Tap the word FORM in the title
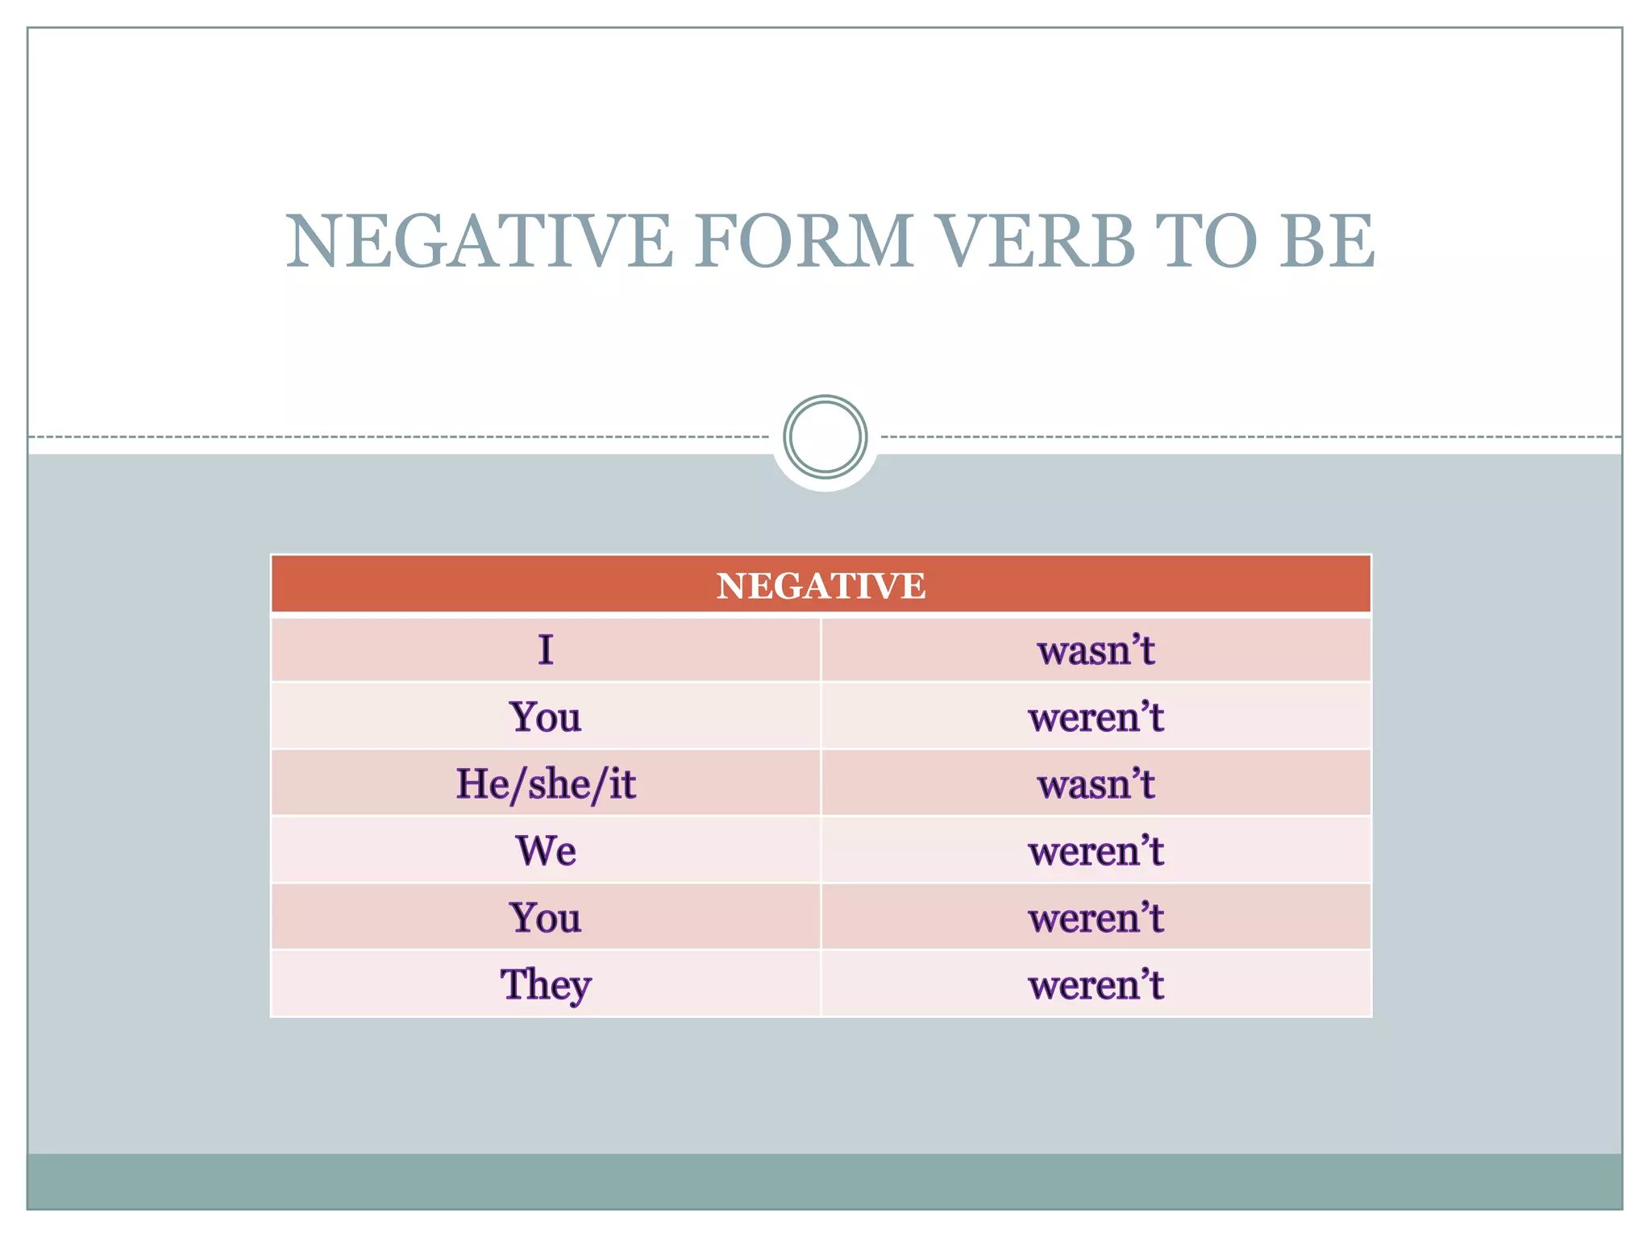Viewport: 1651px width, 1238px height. click(x=804, y=241)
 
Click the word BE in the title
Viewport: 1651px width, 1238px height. click(x=1328, y=241)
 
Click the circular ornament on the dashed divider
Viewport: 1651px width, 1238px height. click(x=825, y=437)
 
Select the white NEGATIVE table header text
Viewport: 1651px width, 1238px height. click(x=821, y=586)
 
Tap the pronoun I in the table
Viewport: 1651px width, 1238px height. click(x=546, y=650)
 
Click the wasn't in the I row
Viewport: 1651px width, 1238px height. click(x=1096, y=650)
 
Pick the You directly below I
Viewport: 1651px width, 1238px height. click(x=546, y=717)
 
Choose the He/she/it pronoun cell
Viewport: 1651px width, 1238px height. click(x=546, y=784)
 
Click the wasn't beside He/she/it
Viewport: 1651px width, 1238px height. click(x=1096, y=784)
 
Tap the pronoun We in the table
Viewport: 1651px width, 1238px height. click(x=546, y=851)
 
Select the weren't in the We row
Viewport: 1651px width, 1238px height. click(x=1096, y=851)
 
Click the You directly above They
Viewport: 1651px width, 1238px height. click(x=546, y=918)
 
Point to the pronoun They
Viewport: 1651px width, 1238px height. click(x=546, y=985)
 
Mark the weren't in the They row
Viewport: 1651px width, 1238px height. click(x=1096, y=985)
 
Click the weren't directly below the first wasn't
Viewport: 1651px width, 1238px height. click(x=1096, y=717)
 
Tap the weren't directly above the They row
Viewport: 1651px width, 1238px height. click(x=1096, y=918)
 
